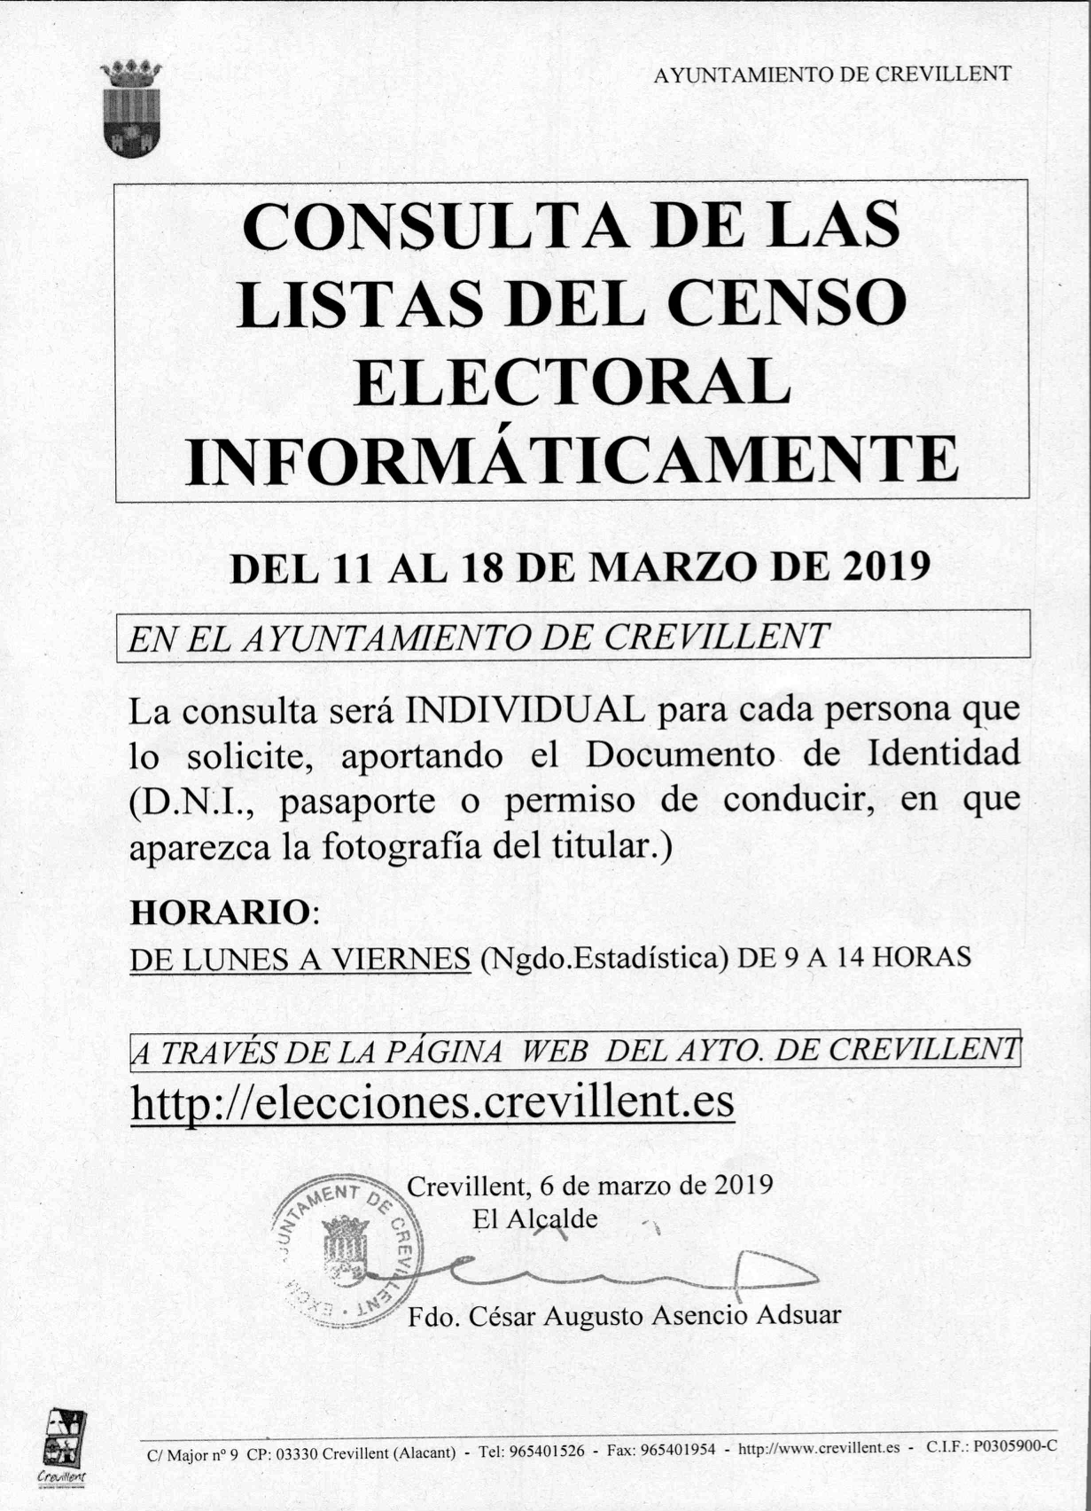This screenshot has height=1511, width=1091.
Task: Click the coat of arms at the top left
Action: coord(131,108)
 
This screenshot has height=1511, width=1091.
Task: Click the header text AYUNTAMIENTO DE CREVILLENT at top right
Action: coord(831,75)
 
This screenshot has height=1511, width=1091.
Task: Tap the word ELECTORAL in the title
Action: coord(572,382)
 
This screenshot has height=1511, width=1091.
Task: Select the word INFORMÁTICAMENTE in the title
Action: coord(572,459)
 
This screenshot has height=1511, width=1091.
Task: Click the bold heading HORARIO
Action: coord(218,913)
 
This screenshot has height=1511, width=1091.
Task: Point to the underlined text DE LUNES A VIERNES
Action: coord(300,959)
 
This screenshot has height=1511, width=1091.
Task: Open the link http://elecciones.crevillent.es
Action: coord(433,1102)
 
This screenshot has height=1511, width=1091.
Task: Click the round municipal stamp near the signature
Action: coord(348,1251)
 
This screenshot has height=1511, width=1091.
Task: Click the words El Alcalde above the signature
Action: coord(534,1219)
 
